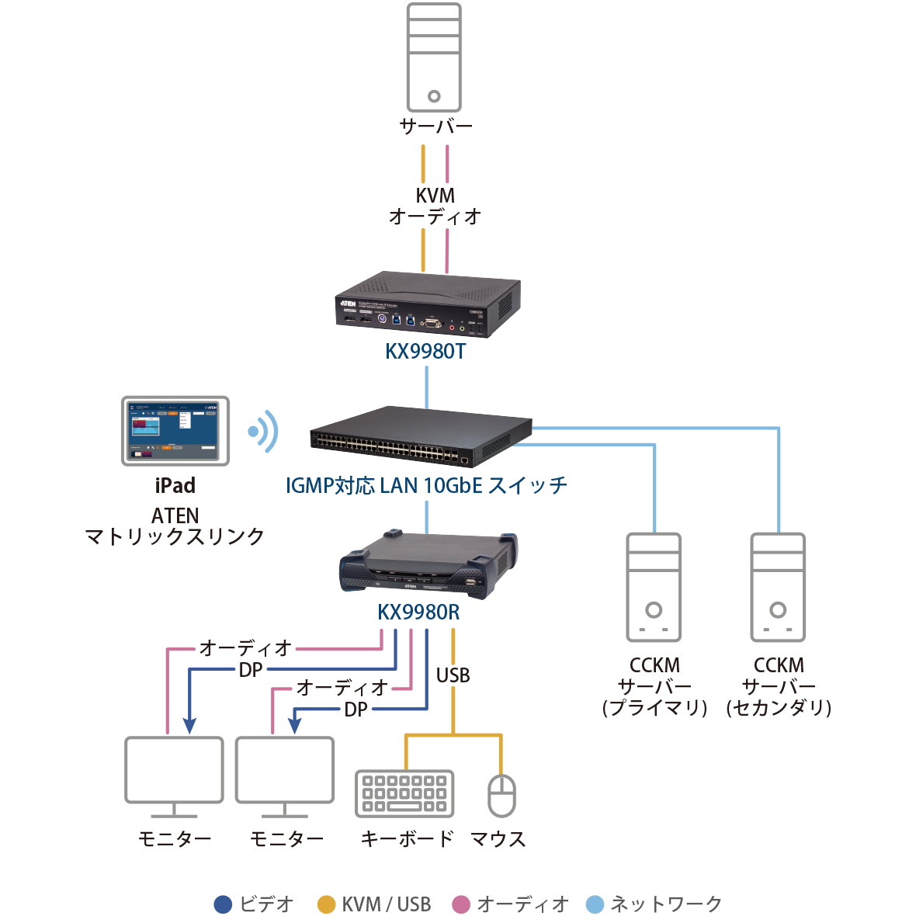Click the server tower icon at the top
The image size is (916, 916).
(x=434, y=57)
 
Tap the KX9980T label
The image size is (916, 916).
(x=425, y=352)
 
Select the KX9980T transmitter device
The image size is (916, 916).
(x=428, y=306)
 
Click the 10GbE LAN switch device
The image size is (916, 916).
(x=422, y=436)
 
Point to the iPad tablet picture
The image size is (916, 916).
(x=175, y=430)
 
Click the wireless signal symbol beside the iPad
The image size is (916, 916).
(x=263, y=431)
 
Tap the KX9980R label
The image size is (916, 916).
(x=418, y=612)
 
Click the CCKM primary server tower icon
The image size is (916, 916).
(x=654, y=587)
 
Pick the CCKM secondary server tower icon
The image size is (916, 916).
(x=778, y=587)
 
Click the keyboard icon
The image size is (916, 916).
(x=404, y=793)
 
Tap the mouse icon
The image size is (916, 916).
(x=501, y=795)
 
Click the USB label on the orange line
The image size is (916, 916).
(x=453, y=675)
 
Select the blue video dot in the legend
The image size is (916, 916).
(x=223, y=904)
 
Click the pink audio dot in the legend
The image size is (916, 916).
(x=461, y=904)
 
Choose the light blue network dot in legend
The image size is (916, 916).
(x=594, y=904)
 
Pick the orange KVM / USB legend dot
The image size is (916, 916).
(x=327, y=904)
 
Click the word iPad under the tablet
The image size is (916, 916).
(x=175, y=486)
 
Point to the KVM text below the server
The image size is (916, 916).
(x=435, y=196)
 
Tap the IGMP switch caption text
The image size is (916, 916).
(x=426, y=486)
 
